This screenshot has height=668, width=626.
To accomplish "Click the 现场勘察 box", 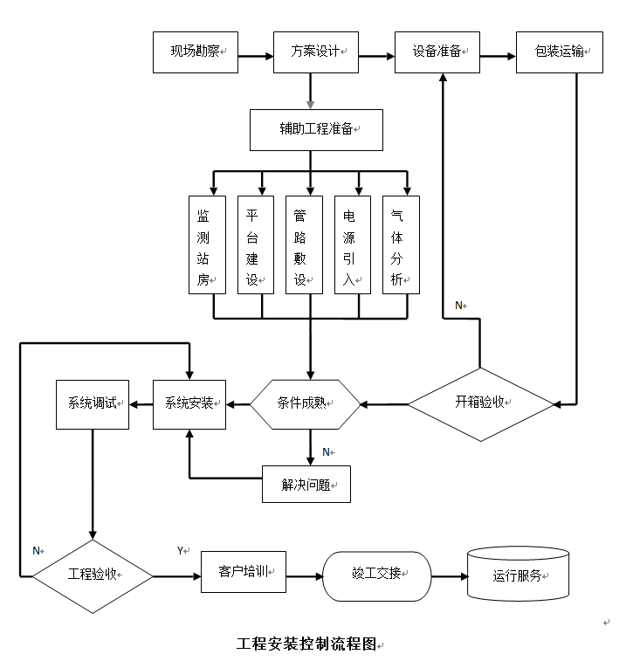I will (196, 52).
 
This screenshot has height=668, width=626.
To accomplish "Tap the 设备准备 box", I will (437, 52).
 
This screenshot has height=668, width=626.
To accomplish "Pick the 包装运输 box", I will (560, 52).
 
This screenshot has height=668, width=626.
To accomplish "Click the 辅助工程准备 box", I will (316, 129).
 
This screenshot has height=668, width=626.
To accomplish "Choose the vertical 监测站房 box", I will (207, 244).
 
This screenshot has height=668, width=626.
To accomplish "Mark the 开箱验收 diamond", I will (481, 403).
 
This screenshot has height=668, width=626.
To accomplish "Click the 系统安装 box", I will (189, 403).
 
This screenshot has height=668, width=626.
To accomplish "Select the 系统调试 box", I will (92, 403).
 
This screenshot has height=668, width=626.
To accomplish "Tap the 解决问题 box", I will (306, 485).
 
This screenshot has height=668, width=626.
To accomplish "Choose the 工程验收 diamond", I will (93, 575).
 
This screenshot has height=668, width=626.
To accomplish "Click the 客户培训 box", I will (244, 572).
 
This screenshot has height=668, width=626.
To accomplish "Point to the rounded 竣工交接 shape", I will (377, 575).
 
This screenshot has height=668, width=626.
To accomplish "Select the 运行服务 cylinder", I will (519, 575).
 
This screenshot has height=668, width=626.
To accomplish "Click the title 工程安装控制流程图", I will (306, 644).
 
